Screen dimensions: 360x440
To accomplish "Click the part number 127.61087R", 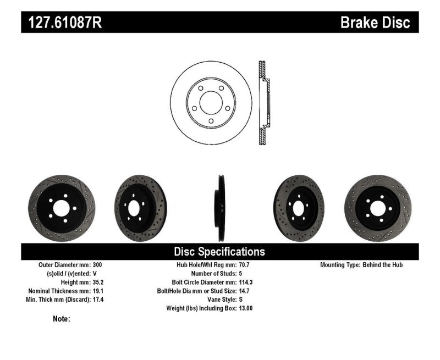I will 61,23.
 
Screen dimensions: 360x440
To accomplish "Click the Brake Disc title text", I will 375,23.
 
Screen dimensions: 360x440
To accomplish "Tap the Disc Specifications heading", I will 219,252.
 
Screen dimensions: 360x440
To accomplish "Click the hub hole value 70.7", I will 245,265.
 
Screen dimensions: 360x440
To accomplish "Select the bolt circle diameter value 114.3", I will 247,282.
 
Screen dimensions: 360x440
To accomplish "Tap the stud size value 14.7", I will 245,291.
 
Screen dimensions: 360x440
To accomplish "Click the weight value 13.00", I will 246,308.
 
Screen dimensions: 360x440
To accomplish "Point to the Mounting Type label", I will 340,265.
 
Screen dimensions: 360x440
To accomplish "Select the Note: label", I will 62,319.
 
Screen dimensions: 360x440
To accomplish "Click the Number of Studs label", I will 212,273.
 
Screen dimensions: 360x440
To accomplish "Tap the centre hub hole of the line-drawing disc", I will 211,102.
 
